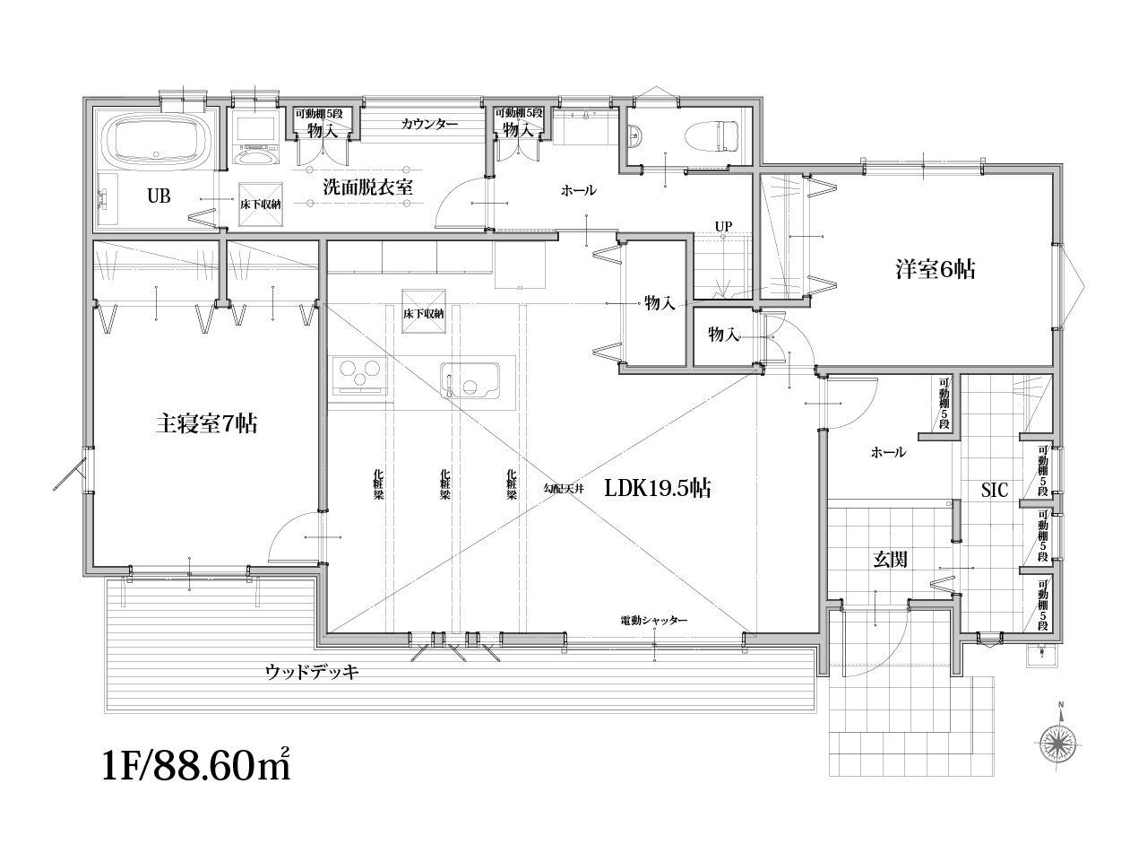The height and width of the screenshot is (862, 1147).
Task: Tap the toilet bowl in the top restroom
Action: point(713,136)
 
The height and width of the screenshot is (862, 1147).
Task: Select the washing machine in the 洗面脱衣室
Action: point(255,142)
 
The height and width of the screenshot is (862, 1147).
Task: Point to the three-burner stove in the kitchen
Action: point(359,377)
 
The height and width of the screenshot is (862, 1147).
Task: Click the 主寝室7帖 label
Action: point(206,423)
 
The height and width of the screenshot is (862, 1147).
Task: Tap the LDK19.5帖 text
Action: point(658,488)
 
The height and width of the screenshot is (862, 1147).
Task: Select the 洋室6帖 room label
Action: point(936,270)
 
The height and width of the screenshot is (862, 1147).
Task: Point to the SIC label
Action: point(995,490)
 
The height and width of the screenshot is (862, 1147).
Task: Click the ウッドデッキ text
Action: point(312,672)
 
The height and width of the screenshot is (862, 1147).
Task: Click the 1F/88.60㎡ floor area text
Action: point(196,767)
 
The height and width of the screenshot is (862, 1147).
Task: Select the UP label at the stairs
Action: point(723,226)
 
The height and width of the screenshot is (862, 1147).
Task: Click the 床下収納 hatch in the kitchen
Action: point(423,312)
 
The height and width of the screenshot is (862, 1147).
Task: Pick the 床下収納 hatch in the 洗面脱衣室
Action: point(260,205)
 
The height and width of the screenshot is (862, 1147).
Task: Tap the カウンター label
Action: point(429,125)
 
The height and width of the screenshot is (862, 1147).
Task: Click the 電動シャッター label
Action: point(654,621)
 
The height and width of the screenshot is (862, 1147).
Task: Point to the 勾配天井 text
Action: point(564,489)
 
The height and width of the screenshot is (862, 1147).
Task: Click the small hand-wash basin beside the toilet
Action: point(635,136)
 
